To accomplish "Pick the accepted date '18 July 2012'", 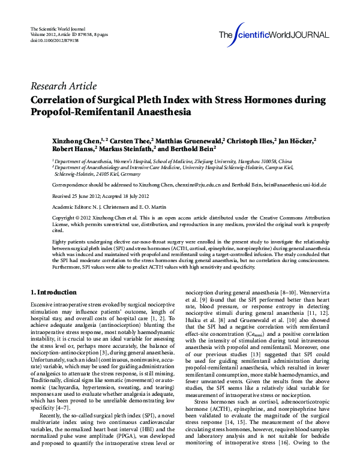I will point(139,197).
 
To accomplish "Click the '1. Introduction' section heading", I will point(53,292).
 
